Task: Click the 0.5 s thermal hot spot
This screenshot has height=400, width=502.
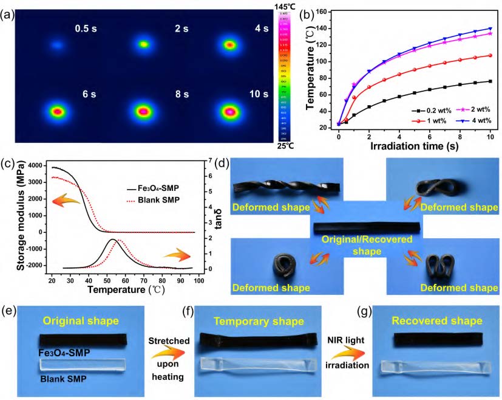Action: [x=56, y=44]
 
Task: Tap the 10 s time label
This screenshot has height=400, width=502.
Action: [x=259, y=94]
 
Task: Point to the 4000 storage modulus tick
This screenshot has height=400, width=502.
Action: [x=36, y=166]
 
